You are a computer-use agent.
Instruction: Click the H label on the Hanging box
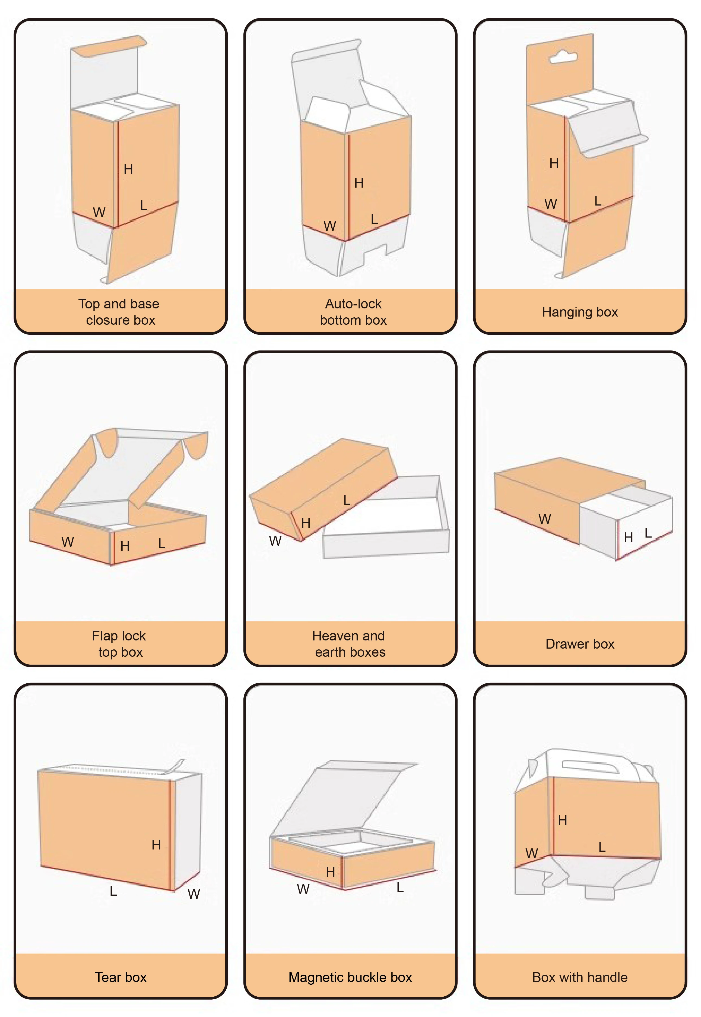(x=554, y=163)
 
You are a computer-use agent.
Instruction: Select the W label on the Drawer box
(x=545, y=519)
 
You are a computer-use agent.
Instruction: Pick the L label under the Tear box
(x=113, y=891)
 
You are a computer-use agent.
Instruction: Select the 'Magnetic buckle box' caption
(x=350, y=977)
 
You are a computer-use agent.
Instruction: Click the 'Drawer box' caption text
(x=580, y=644)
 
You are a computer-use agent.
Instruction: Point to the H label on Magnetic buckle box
(x=330, y=871)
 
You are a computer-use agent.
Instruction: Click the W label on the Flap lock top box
(x=68, y=542)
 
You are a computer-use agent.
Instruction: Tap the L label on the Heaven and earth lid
(x=347, y=500)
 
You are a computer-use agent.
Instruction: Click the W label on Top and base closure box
(x=99, y=213)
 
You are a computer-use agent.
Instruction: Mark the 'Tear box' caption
(x=121, y=977)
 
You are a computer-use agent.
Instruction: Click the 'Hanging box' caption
(x=580, y=312)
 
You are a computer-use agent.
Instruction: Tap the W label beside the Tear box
(x=194, y=893)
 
